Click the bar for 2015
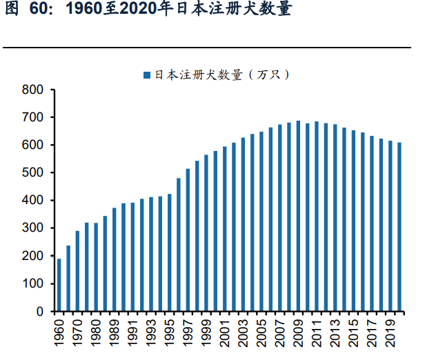tap(354, 221)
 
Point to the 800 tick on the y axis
tap(33, 90)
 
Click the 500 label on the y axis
tap(33, 173)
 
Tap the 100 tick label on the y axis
tap(33, 283)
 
